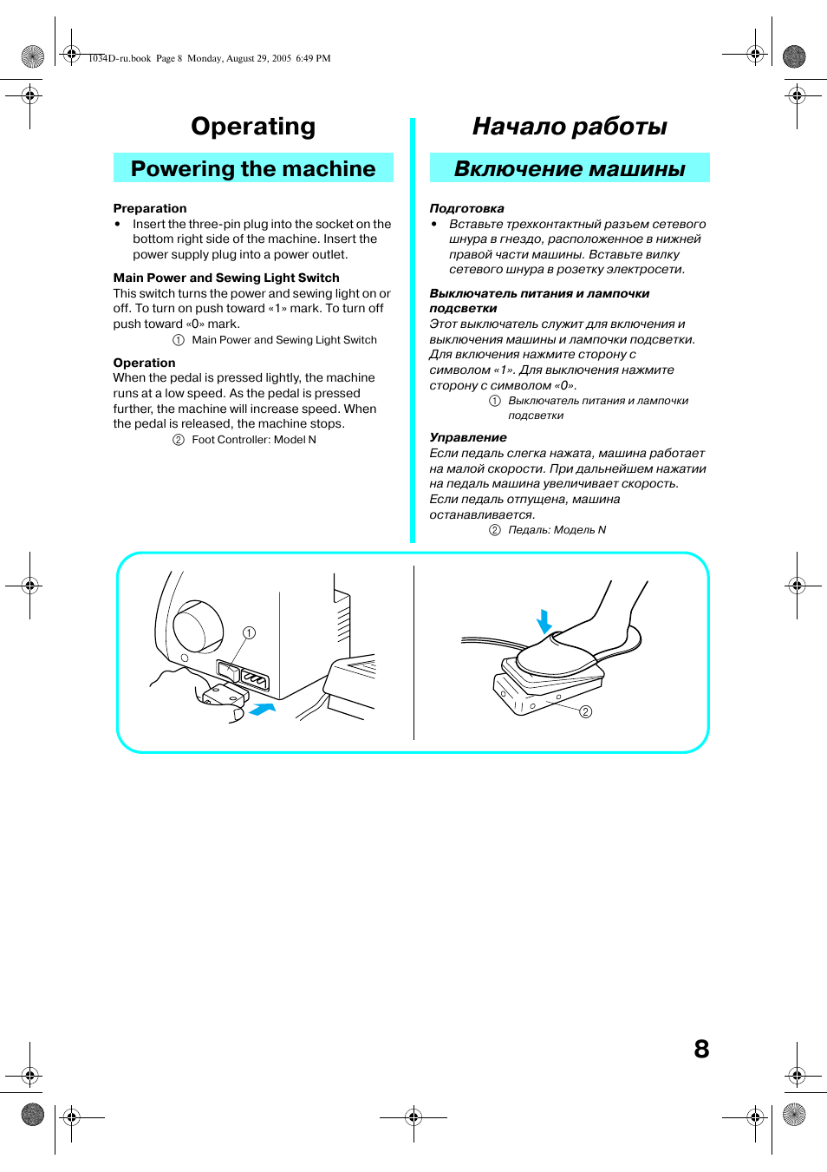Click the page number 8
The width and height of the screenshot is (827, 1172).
[x=701, y=1049]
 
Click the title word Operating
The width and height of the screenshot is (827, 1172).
[x=253, y=127]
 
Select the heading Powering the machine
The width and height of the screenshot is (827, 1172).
[x=253, y=168]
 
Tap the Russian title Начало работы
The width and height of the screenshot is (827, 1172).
[x=570, y=127]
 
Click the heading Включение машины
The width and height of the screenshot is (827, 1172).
[x=570, y=168]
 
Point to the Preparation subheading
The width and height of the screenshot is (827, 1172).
[x=150, y=208]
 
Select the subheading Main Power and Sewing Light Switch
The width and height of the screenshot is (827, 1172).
[x=226, y=278]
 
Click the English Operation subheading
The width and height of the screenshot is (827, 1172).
[x=144, y=363]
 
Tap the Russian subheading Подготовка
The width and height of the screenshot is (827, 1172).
[x=466, y=208]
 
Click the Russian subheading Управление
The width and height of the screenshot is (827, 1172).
[x=468, y=437]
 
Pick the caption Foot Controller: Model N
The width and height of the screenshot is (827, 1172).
[x=253, y=440]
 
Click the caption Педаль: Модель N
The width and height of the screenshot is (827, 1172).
[x=557, y=530]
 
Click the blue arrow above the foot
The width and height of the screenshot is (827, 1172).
[x=544, y=621]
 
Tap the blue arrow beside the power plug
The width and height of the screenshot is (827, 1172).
[x=262, y=710]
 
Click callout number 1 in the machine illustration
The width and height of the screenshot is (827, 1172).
[x=249, y=633]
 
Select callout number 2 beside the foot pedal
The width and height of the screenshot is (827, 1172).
[x=586, y=711]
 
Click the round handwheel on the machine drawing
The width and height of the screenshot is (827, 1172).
[x=199, y=626]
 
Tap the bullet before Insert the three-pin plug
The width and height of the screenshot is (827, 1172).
[x=118, y=224]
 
